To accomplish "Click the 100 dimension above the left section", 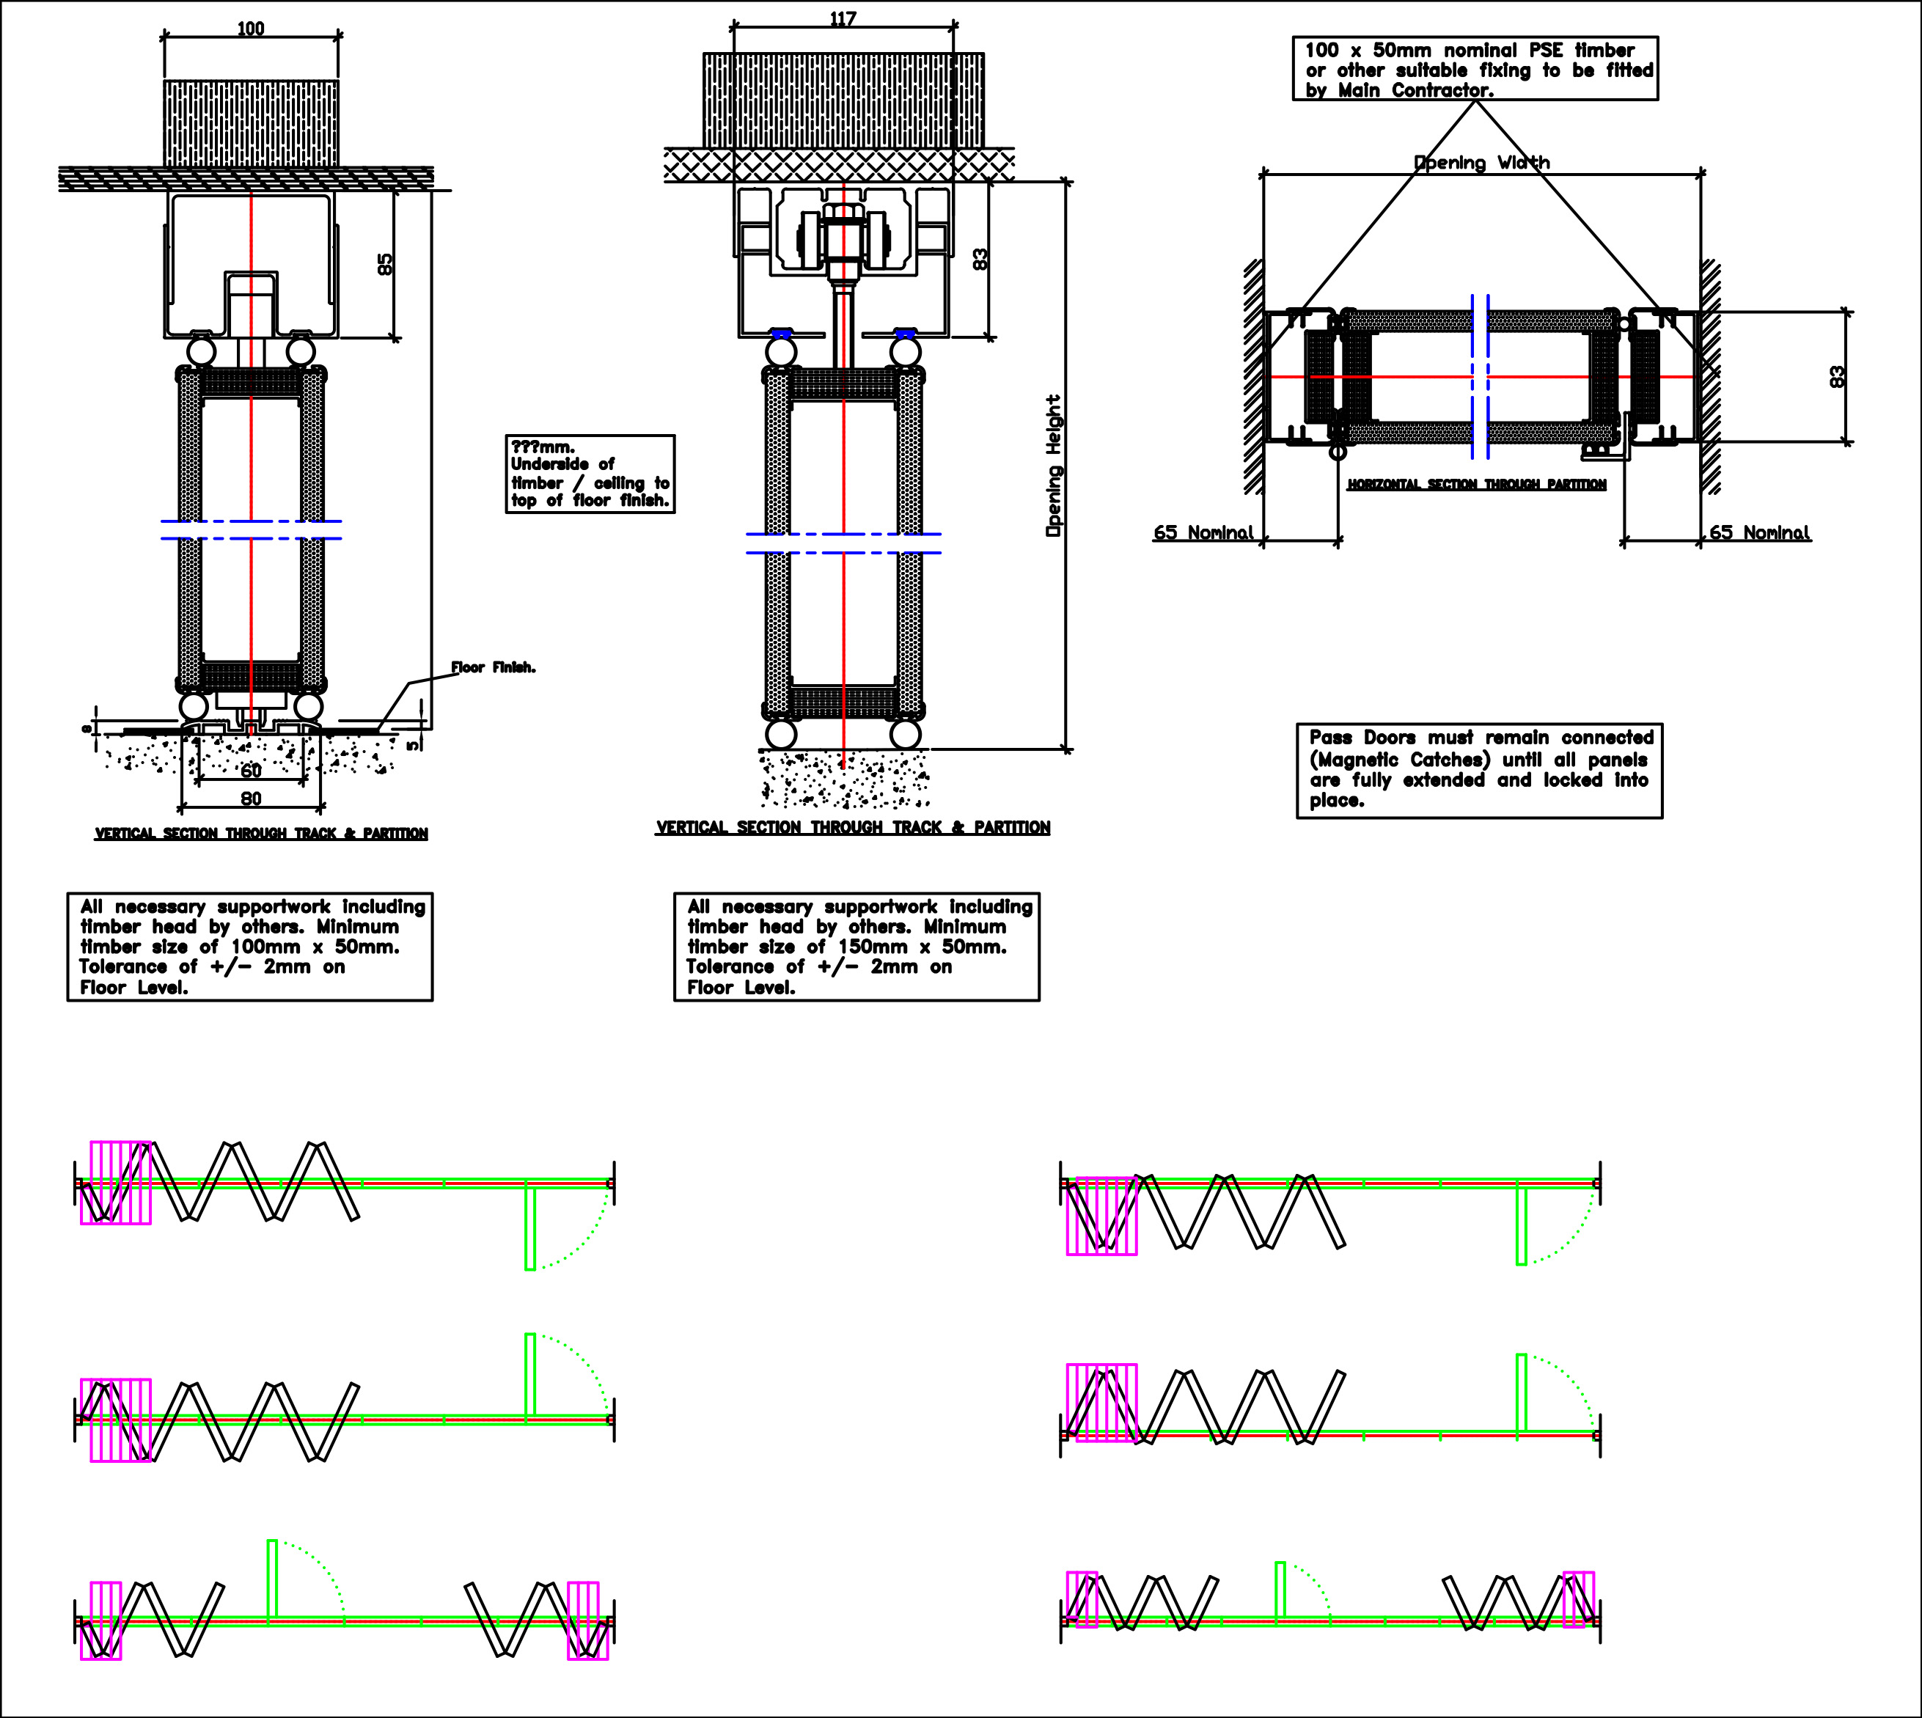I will tap(250, 29).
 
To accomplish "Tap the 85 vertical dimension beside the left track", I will tap(384, 263).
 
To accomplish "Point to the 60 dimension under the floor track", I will tap(250, 770).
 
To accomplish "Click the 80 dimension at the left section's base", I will tap(250, 799).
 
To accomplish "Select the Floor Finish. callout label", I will tap(492, 667).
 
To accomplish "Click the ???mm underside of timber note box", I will tap(590, 474).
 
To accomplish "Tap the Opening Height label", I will tap(1054, 466).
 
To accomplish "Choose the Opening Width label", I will tap(1481, 162).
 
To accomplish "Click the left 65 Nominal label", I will tap(1203, 532).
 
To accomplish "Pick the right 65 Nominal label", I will tap(1760, 532).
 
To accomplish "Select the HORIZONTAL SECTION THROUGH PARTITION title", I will tap(1476, 484).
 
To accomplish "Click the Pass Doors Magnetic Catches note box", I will tap(1479, 769).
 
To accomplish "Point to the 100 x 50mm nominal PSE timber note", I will tap(1475, 69).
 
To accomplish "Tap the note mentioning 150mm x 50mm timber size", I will tap(857, 946).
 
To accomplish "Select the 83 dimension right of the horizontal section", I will tap(1837, 377).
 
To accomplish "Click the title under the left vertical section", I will tap(262, 834).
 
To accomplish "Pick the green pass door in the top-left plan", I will tap(529, 1228).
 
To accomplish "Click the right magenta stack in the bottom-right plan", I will tap(1578, 1599).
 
